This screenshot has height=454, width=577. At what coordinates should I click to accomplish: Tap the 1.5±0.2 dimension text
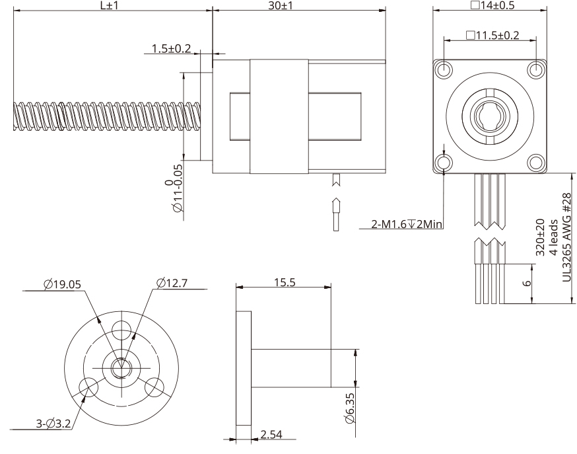(x=170, y=48)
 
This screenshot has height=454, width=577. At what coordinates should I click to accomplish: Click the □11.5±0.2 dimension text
(x=492, y=34)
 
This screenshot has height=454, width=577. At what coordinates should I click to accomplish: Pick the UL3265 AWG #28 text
(x=566, y=239)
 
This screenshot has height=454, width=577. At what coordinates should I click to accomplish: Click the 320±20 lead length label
(x=540, y=239)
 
